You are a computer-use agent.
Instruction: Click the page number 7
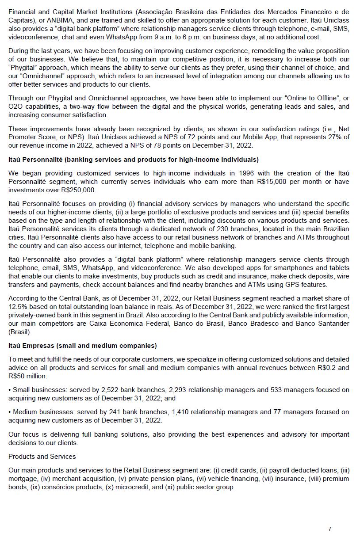tap(330, 529)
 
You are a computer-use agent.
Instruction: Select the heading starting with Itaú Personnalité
tap(133, 160)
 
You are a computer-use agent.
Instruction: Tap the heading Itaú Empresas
tap(82, 346)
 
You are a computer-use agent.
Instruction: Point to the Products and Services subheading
tap(42, 456)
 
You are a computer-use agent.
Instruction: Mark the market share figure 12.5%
tap(18, 307)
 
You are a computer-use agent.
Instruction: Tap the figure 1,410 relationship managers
tap(180, 412)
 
